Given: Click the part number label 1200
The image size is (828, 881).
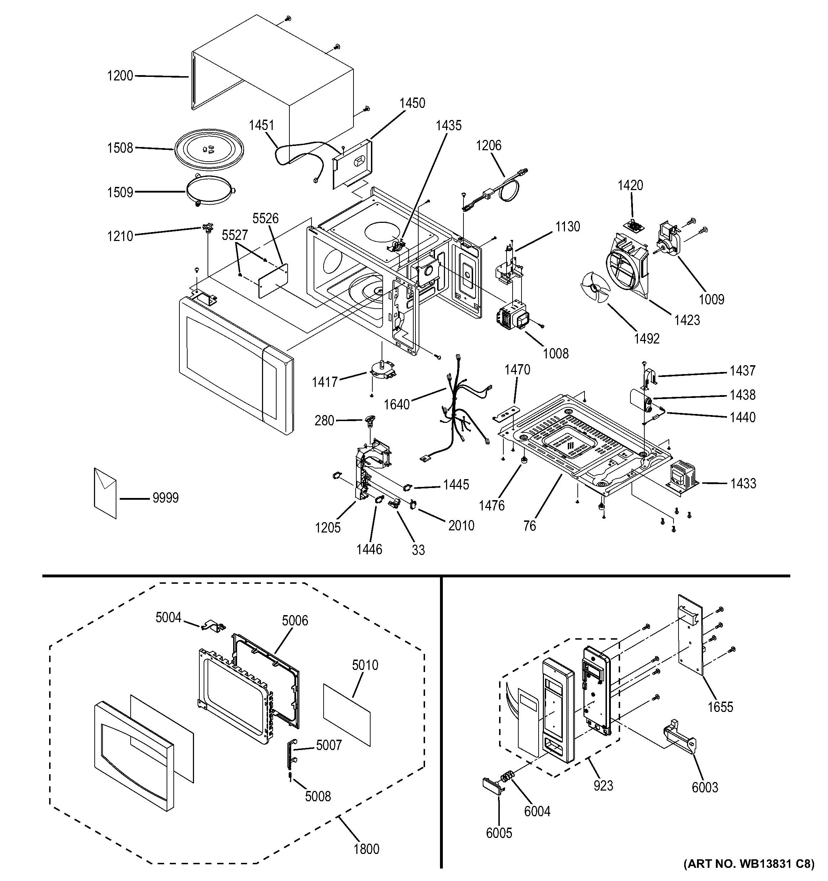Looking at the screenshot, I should click(120, 76).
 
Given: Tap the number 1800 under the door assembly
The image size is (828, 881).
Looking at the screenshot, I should click(367, 849).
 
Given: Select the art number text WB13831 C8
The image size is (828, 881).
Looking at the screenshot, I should click(749, 863).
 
